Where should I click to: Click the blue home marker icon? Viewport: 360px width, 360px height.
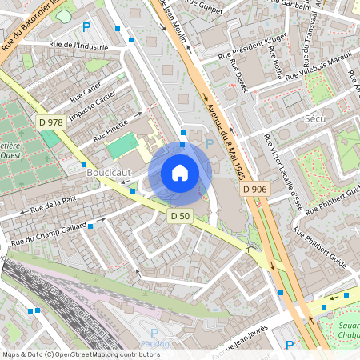pyautogui.click(x=180, y=172)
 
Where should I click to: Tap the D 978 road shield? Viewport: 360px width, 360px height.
pyautogui.click(x=50, y=122)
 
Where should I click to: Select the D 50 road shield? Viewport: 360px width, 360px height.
pyautogui.click(x=180, y=216)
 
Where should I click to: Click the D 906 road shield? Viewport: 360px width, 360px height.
pyautogui.click(x=254, y=189)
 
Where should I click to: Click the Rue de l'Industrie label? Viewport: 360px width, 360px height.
pyautogui.click(x=78, y=46)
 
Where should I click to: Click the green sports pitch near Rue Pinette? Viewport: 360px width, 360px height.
pyautogui.click(x=122, y=146)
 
